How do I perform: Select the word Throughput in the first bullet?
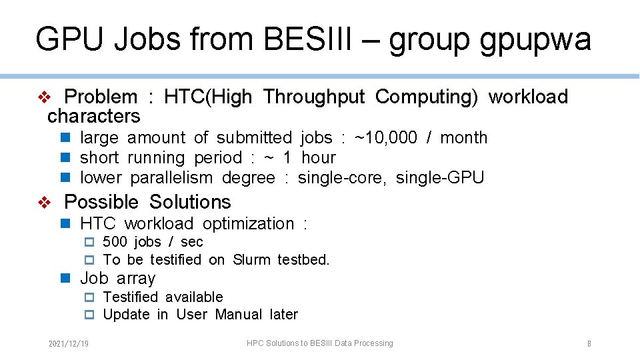[x=313, y=97]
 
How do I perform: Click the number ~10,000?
[x=386, y=138]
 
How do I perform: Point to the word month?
[x=464, y=138]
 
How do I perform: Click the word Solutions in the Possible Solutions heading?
[x=190, y=202]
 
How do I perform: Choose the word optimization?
[x=248, y=224]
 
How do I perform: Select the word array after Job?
[x=135, y=279]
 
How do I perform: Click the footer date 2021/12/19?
[x=69, y=344]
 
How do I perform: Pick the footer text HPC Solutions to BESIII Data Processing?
[x=320, y=343]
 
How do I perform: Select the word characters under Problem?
[x=94, y=117]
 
